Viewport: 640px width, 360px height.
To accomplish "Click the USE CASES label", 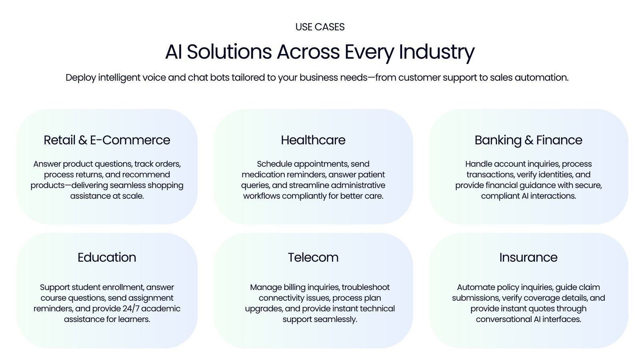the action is point(320,27).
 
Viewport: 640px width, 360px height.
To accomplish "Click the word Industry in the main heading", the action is point(436,52).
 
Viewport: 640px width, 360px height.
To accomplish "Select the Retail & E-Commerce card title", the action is point(107,140).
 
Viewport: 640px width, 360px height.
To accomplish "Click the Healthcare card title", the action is point(313,140).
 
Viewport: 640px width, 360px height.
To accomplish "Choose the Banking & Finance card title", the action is point(528,140).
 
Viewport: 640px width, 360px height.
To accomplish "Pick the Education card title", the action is point(107,258).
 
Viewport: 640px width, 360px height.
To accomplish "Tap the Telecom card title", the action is point(313,258).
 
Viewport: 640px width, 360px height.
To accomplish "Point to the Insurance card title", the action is point(528,258).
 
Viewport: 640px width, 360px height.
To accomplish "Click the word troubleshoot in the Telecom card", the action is point(366,287).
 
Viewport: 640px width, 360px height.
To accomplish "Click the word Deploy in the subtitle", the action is point(81,78).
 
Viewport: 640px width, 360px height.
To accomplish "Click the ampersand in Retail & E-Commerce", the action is point(83,140).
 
